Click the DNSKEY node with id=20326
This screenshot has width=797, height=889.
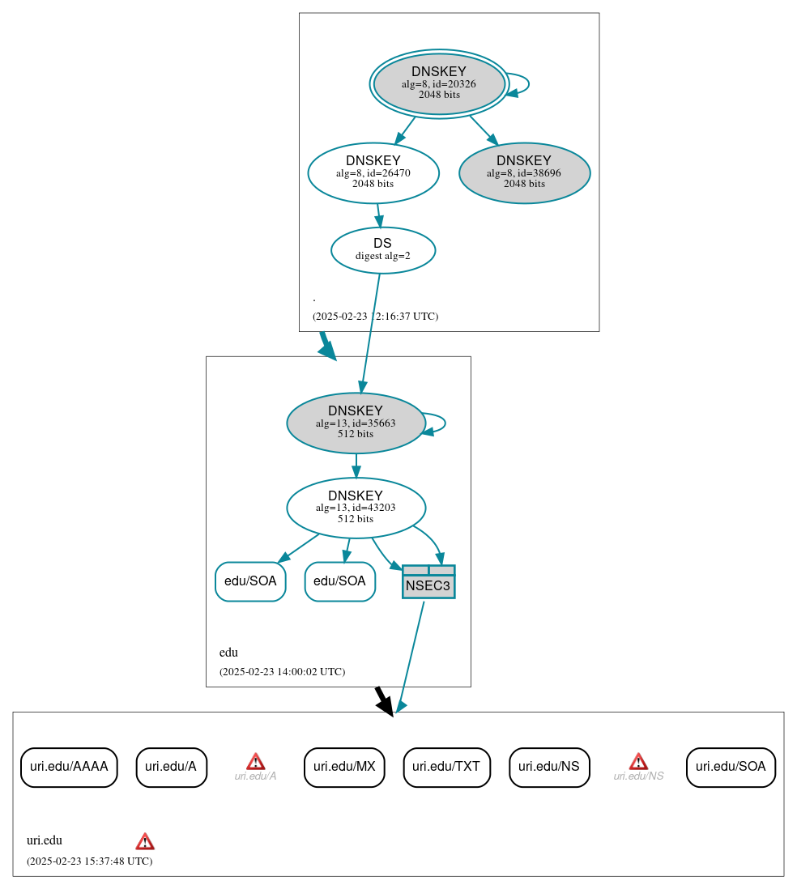(x=439, y=83)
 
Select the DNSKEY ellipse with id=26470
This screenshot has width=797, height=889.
(x=373, y=172)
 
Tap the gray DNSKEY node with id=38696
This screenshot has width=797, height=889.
(x=524, y=172)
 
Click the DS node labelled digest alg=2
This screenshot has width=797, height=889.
(x=383, y=250)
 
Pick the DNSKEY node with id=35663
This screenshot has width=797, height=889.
(x=356, y=423)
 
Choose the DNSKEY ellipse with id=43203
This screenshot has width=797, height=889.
(x=356, y=508)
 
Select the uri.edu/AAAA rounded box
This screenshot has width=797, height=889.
(x=69, y=767)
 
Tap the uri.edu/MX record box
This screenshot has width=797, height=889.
(x=344, y=767)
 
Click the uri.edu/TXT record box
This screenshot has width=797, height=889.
(x=446, y=767)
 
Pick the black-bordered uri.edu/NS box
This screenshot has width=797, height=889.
(x=549, y=767)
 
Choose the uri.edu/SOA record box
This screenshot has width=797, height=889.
(x=731, y=767)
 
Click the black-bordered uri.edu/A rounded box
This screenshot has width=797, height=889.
(x=172, y=767)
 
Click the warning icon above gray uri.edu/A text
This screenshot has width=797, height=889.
(x=256, y=761)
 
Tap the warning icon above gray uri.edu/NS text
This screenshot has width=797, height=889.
(x=638, y=761)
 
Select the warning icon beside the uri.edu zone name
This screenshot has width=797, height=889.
(x=145, y=841)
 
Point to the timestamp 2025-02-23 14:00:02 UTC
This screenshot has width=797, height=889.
(x=282, y=672)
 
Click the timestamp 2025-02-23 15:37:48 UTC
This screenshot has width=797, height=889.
(x=89, y=861)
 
